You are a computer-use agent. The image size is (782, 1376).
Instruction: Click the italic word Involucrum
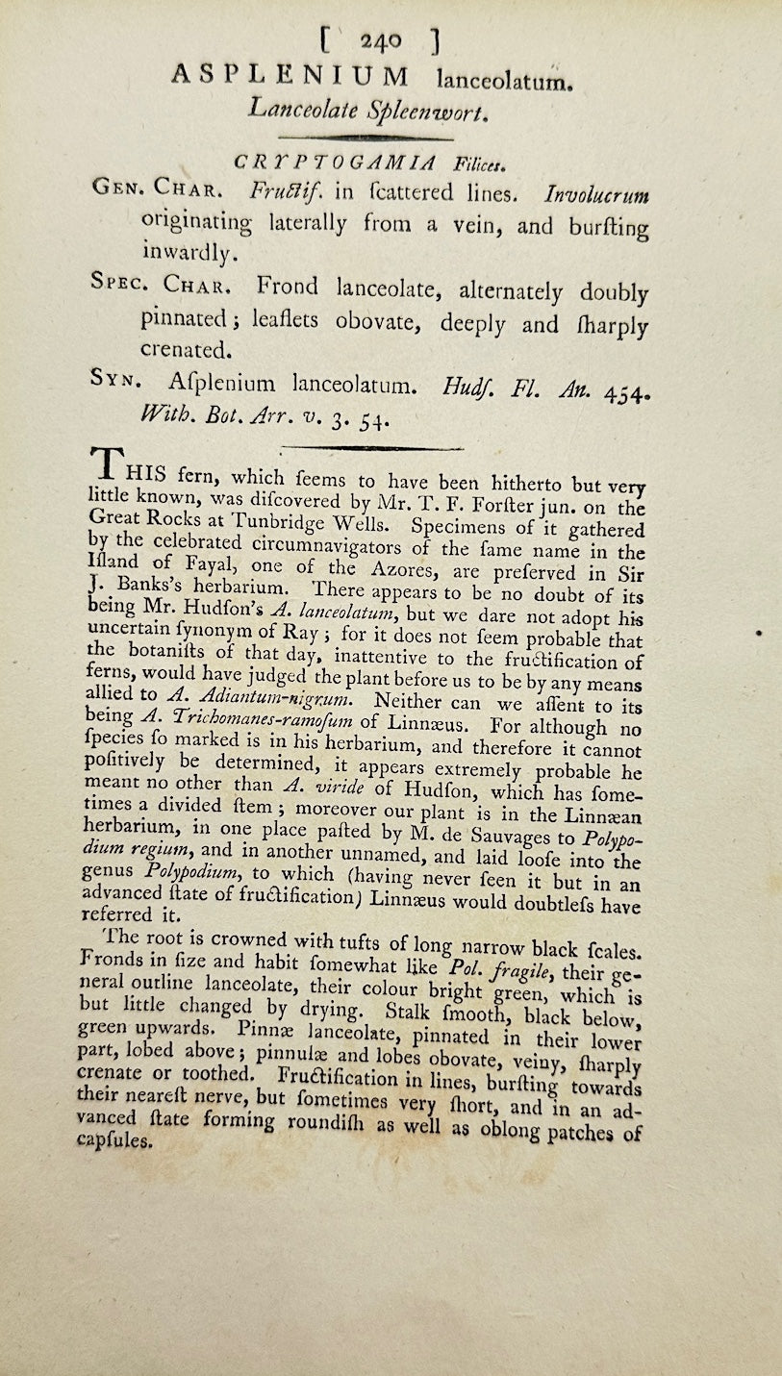(596, 195)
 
